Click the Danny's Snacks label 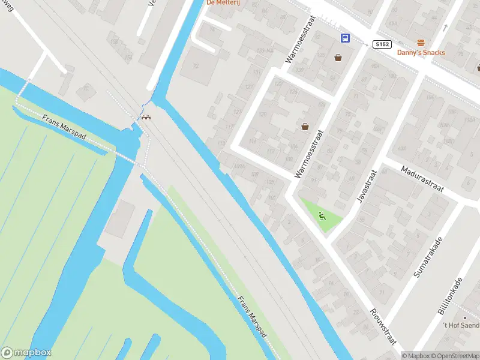(421, 52)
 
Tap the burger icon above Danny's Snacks (421, 43)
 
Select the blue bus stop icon (346, 38)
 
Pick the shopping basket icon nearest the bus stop (338, 58)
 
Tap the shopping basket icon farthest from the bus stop (305, 127)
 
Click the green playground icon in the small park (322, 217)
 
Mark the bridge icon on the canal (146, 117)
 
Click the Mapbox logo (26, 353)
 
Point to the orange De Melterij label (223, 2)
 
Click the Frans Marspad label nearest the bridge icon (65, 128)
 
